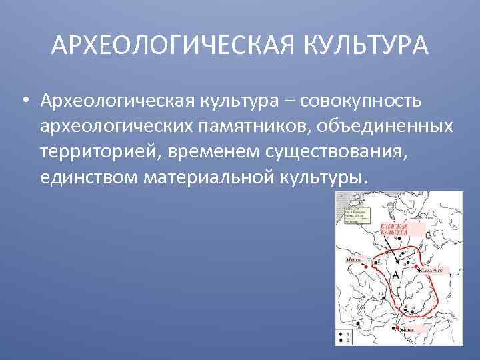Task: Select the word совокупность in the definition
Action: (361, 101)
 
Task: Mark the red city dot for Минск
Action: (365, 265)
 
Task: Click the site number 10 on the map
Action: (380, 293)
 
